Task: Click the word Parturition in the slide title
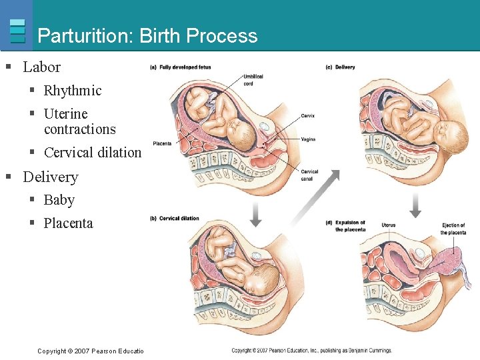[x=85, y=35]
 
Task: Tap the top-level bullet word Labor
[x=41, y=67]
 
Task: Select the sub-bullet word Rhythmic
[x=73, y=91]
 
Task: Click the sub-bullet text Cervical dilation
[x=93, y=153]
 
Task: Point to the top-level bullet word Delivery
[x=50, y=177]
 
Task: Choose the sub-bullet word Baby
[x=59, y=200]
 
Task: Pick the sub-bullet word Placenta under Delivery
[x=68, y=223]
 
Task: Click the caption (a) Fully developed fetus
[x=181, y=67]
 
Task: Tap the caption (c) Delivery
[x=340, y=67]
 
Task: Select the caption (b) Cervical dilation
[x=175, y=219]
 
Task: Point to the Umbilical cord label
[x=253, y=80]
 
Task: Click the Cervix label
[x=307, y=116]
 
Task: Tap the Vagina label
[x=308, y=139]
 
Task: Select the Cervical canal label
[x=309, y=175]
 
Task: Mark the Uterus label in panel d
[x=388, y=225]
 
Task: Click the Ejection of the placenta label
[x=453, y=229]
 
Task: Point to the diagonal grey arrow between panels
[x=317, y=197]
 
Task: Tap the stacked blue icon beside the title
[x=18, y=31]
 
